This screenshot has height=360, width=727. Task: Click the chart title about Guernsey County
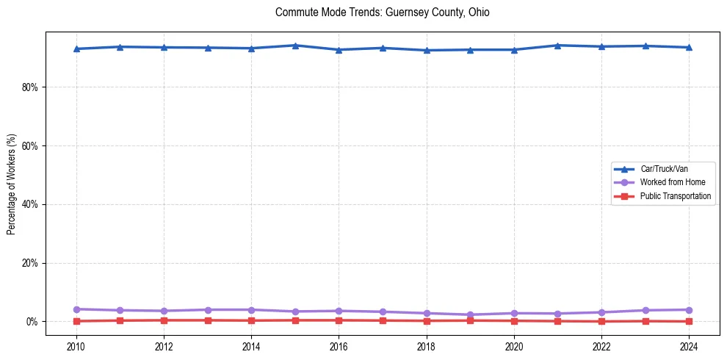[382, 12]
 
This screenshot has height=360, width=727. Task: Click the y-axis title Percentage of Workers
[11, 184]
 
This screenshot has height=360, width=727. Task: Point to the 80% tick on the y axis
[30, 87]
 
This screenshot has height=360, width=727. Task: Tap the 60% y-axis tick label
[30, 145]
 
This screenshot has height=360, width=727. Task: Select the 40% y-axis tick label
[30, 204]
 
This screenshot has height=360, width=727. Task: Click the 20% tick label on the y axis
[30, 263]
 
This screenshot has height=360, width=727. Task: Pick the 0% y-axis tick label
[32, 322]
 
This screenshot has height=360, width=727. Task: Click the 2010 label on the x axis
[76, 346]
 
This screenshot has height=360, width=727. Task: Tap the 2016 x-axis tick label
[339, 346]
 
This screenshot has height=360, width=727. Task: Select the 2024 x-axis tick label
[689, 346]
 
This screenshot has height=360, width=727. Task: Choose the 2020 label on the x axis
[514, 346]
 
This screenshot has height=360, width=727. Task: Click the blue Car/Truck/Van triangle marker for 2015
[295, 46]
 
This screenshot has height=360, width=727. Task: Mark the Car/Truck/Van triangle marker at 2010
[76, 48]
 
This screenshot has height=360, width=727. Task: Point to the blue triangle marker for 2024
[689, 47]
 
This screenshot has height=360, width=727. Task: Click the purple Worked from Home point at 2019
[470, 314]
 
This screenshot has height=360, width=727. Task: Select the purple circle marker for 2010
[76, 309]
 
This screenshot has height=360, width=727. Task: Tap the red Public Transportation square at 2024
[689, 321]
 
